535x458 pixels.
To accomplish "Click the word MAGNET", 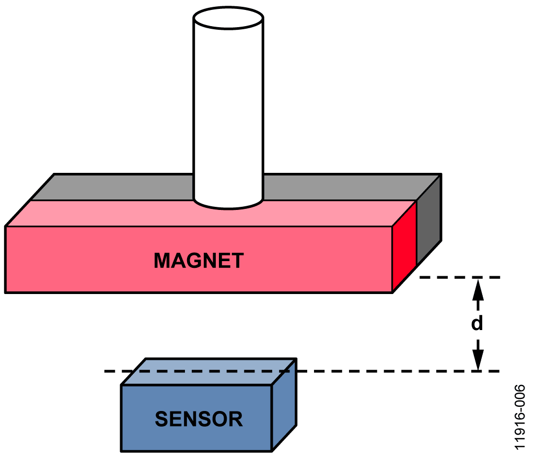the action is (x=199, y=261).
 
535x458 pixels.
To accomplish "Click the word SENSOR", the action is (x=199, y=419).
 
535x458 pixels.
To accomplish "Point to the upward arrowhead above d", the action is (x=478, y=289).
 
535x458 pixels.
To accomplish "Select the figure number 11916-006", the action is (x=520, y=417).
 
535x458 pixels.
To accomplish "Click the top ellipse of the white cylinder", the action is (x=228, y=18).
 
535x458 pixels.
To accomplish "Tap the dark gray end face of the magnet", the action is (x=429, y=221).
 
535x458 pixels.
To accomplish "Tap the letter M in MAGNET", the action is (x=162, y=261).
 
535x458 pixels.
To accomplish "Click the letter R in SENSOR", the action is (x=235, y=419).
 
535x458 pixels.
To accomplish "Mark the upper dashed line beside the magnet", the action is (x=460, y=278).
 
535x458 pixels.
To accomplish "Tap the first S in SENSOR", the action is (x=162, y=419).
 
